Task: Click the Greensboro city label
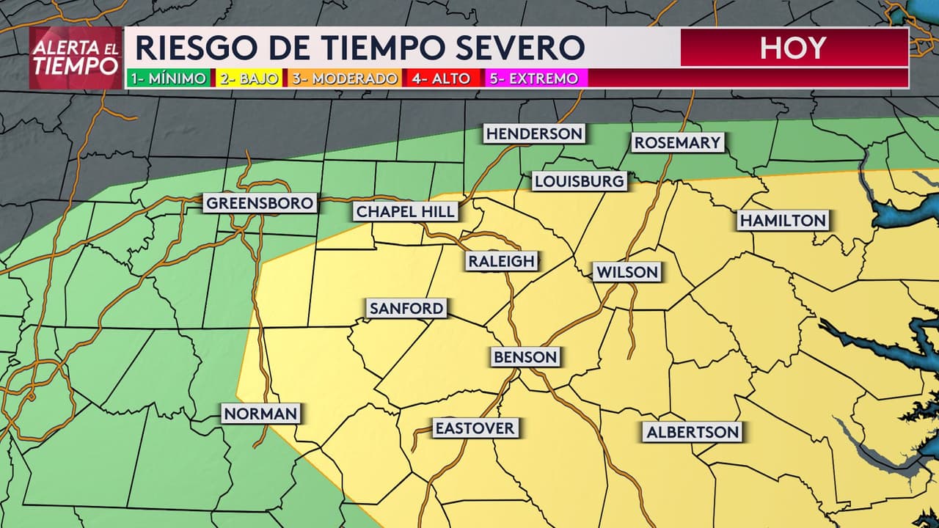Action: (260, 203)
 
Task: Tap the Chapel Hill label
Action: (406, 212)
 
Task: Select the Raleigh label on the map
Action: (502, 260)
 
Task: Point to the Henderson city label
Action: (534, 133)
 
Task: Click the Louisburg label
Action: (579, 180)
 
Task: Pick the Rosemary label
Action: (678, 142)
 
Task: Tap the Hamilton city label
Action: (783, 220)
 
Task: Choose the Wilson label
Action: (627, 272)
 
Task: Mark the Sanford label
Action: (406, 308)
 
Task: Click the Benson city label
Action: (525, 357)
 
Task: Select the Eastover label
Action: (475, 428)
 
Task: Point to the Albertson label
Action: (693, 432)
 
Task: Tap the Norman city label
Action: (260, 414)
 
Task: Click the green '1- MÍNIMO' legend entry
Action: (168, 78)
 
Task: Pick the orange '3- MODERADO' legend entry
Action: (345, 78)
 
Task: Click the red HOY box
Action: (794, 48)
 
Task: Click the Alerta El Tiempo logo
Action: (76, 58)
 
